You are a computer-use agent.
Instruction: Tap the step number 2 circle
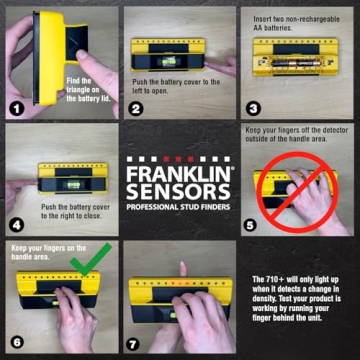(x=136, y=109)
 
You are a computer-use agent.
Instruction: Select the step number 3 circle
(x=254, y=109)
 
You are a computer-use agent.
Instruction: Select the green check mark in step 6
(x=84, y=257)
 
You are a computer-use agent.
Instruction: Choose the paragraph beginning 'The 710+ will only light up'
(x=299, y=300)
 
